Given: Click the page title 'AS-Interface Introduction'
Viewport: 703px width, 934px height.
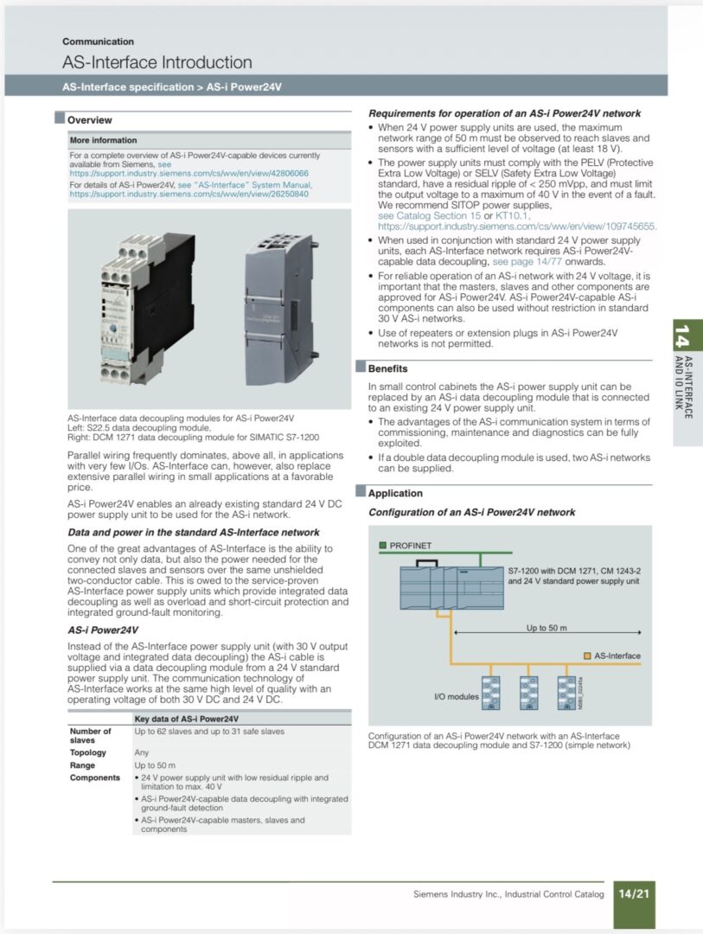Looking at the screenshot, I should pyautogui.click(x=157, y=62).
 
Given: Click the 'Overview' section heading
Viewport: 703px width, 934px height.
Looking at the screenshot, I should pyautogui.click(x=89, y=120).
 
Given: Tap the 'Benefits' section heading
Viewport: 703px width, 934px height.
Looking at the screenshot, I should pyautogui.click(x=387, y=368).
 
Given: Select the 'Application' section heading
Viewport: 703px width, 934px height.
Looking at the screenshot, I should pyautogui.click(x=395, y=494).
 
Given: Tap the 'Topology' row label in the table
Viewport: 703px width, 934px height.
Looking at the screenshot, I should pyautogui.click(x=87, y=752).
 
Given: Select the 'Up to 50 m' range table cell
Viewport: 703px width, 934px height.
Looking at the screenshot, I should pyautogui.click(x=155, y=765).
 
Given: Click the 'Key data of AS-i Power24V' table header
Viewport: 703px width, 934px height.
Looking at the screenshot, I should pyautogui.click(x=186, y=719).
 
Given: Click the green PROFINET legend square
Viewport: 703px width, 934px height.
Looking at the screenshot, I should pyautogui.click(x=382, y=546).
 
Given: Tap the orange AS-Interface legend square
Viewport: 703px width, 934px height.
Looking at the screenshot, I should pyautogui.click(x=587, y=656).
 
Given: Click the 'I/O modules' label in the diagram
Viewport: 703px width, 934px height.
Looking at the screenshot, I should pyautogui.click(x=456, y=695).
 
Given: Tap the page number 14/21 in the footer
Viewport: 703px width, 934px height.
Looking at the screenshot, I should pyautogui.click(x=632, y=893).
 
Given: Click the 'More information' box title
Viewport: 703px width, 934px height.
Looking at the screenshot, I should pyautogui.click(x=103, y=140).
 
